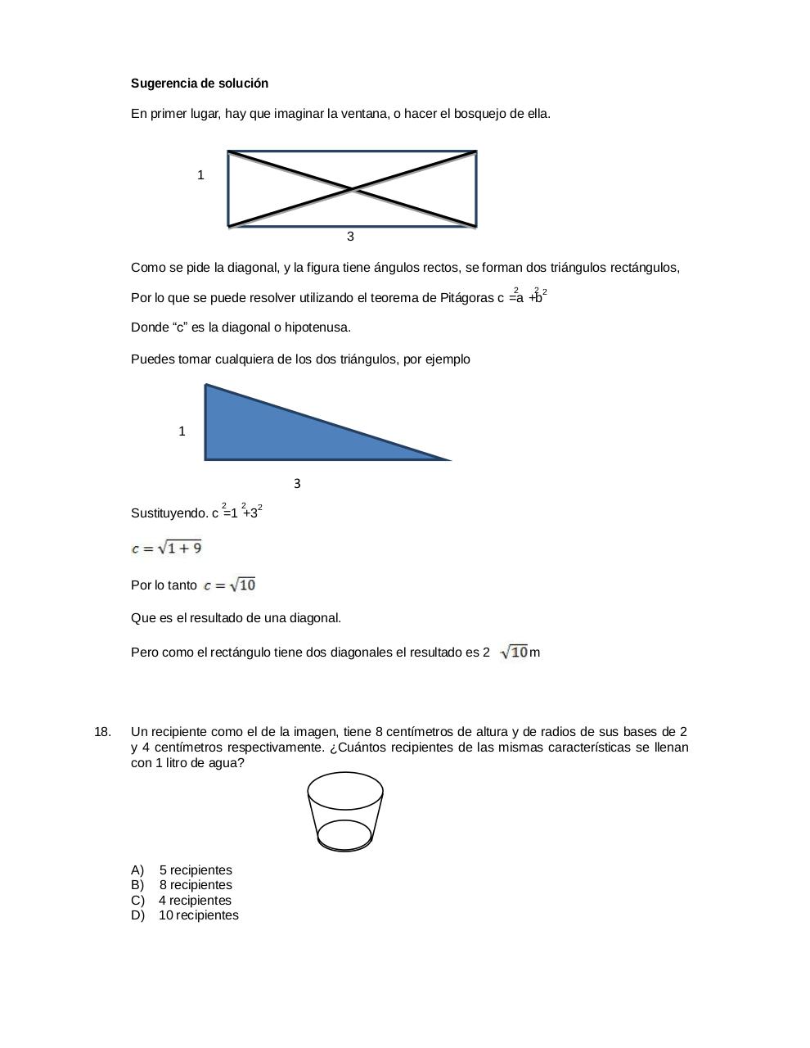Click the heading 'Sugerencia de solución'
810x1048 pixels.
[200, 84]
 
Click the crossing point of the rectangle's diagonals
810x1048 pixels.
[352, 189]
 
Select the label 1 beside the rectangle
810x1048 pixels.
[200, 175]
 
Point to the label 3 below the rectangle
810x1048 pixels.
[350, 237]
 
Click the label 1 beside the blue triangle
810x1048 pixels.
[182, 431]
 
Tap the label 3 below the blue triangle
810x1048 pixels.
[297, 484]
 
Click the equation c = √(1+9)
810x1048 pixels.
[167, 549]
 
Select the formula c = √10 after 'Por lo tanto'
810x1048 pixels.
[230, 585]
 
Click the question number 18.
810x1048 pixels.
[102, 732]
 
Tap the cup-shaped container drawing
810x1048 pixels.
[344, 811]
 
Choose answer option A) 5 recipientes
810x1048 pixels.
[182, 870]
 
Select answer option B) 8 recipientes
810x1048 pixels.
[182, 885]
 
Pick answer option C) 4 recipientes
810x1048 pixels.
[181, 901]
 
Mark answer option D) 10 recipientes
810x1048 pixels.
[185, 915]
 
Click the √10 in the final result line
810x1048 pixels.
[515, 653]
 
